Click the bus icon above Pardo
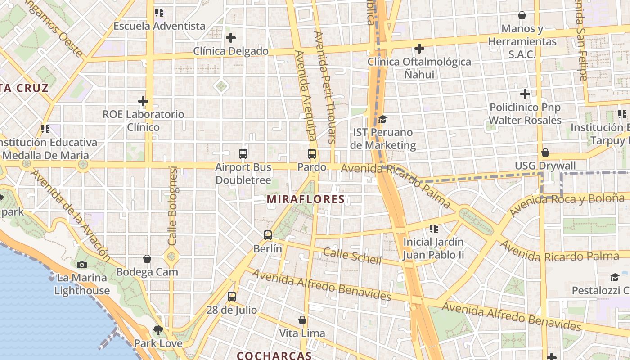click(x=312, y=154)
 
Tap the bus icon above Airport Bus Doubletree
click(x=243, y=154)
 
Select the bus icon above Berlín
click(x=268, y=235)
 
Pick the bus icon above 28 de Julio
click(x=232, y=297)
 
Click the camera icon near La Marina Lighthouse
click(x=82, y=265)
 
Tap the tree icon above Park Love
click(x=158, y=330)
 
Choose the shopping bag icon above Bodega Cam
click(x=147, y=259)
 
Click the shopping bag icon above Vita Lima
click(x=302, y=320)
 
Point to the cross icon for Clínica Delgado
click(x=231, y=38)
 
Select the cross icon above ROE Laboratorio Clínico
click(x=143, y=101)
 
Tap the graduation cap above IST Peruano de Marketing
click(x=382, y=119)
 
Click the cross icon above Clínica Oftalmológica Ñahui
click(x=419, y=48)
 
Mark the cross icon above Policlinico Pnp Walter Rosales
click(x=525, y=94)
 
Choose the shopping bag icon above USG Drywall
click(x=545, y=153)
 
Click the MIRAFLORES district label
click(x=306, y=199)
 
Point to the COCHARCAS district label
click(x=274, y=355)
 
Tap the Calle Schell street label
click(x=352, y=256)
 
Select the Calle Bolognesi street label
click(x=173, y=206)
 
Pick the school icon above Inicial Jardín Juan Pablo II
click(x=434, y=229)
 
